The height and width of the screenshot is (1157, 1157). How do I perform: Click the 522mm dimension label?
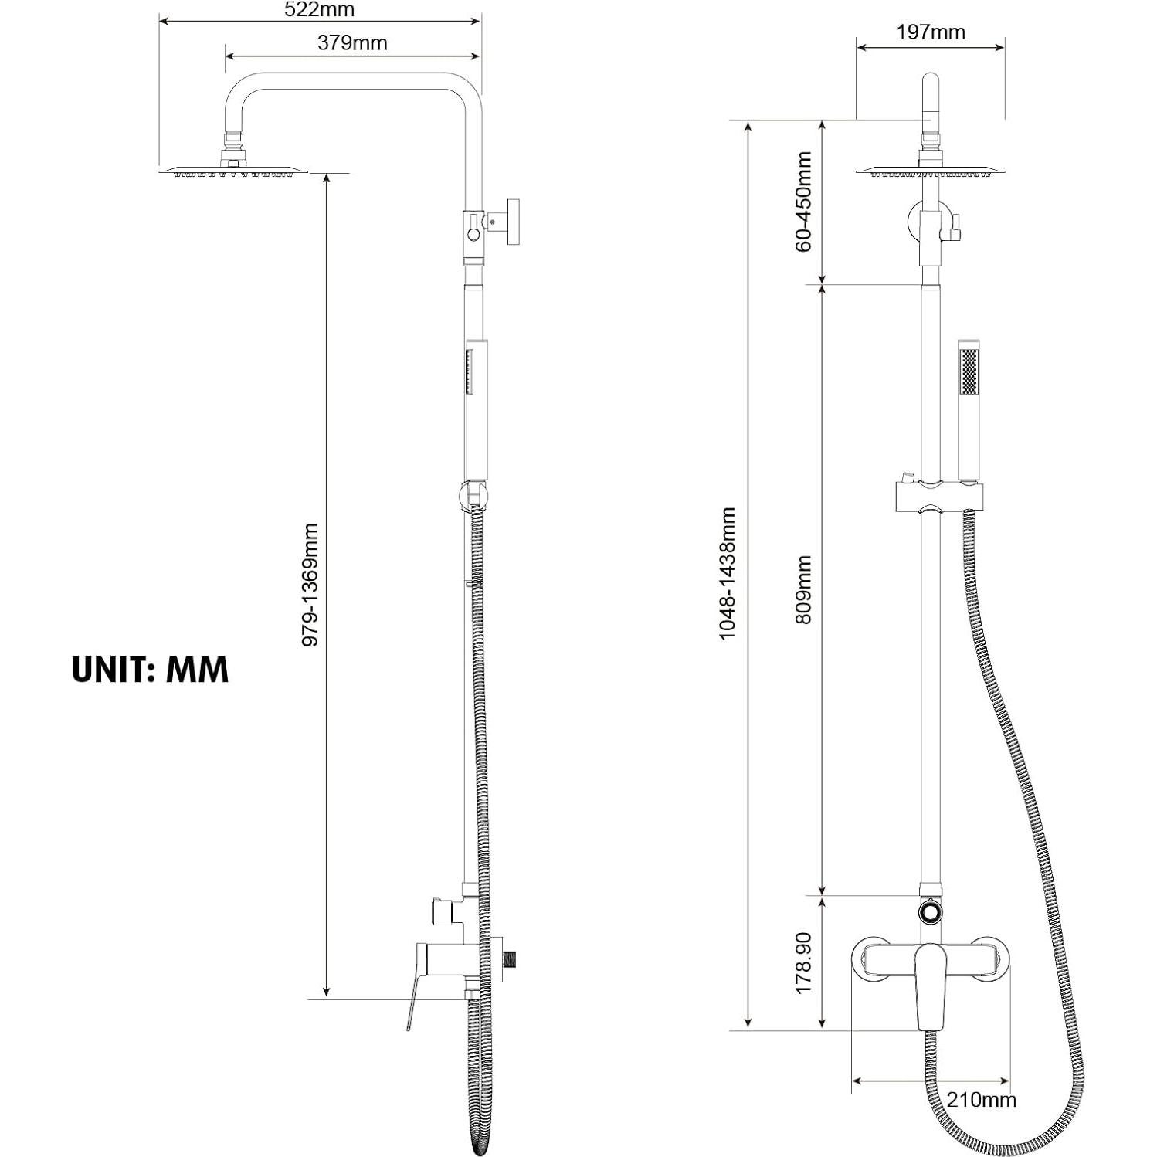coord(319,10)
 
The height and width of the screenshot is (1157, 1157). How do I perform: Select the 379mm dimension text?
coord(351,43)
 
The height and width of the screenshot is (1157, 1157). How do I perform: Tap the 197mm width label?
coord(931,32)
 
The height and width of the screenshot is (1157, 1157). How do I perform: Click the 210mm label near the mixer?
coord(981,1099)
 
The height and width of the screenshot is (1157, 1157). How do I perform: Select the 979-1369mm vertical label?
coord(310,585)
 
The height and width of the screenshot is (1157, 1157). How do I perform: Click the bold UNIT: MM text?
coord(151,669)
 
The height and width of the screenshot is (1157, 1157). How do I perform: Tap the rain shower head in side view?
coord(233,171)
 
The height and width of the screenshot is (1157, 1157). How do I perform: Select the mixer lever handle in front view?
coord(931,985)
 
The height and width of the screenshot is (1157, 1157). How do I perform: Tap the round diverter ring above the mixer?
coord(931,911)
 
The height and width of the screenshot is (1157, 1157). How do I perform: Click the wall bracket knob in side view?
coord(511,222)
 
